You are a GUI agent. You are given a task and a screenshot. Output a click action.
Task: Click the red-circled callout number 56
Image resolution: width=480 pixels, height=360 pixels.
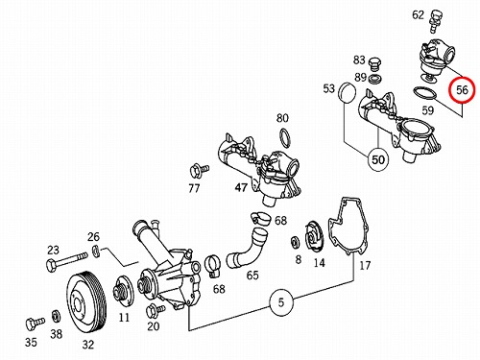pyautogui.click(x=462, y=90)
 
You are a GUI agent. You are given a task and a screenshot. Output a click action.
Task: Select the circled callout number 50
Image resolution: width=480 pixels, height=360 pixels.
pyautogui.click(x=378, y=159)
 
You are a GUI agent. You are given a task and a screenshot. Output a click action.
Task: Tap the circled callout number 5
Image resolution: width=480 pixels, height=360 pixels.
pyautogui.click(x=281, y=302)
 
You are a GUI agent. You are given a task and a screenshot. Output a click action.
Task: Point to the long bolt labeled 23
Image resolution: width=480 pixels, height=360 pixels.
pyautogui.click(x=67, y=260)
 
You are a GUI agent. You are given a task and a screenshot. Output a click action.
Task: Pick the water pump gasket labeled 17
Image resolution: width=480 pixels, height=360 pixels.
pyautogui.click(x=348, y=227)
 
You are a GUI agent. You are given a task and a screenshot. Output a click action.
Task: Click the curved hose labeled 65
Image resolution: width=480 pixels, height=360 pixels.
pyautogui.click(x=248, y=248)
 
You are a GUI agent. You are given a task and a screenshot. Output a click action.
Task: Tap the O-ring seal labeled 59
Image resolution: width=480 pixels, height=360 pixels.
pyautogui.click(x=425, y=94)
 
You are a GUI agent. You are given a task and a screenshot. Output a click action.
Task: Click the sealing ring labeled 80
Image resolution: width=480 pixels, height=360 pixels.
pyautogui.click(x=286, y=138)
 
